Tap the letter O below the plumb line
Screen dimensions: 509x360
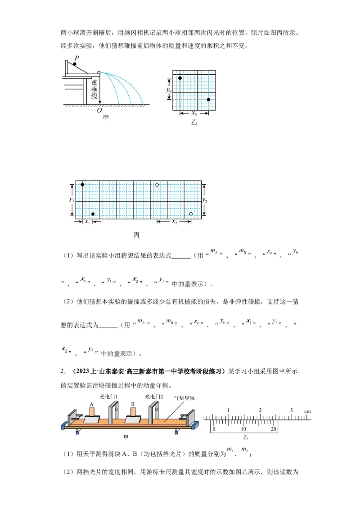tap(99, 110)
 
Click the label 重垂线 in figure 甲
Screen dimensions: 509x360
tap(94, 89)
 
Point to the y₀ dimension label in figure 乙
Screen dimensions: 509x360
tap(169, 90)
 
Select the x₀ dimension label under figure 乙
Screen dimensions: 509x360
tap(194, 114)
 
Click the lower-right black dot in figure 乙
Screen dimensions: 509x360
tap(208, 99)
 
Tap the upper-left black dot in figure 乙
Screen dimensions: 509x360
tap(180, 78)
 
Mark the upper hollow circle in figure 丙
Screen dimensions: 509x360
tap(157, 185)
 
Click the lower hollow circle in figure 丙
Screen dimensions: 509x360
tap(191, 214)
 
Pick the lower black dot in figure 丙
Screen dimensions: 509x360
tap(93, 214)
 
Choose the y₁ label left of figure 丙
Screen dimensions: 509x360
tap(71, 199)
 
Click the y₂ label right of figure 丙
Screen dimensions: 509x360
tap(205, 200)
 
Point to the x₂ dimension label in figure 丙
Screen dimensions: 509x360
tap(174, 222)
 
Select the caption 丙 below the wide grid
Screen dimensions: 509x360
tap(136, 235)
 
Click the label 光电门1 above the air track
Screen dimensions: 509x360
tap(108, 396)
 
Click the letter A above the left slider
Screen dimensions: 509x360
tap(91, 404)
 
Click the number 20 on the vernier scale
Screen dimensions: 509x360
tap(273, 429)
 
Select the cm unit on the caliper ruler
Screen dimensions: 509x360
tap(307, 411)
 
